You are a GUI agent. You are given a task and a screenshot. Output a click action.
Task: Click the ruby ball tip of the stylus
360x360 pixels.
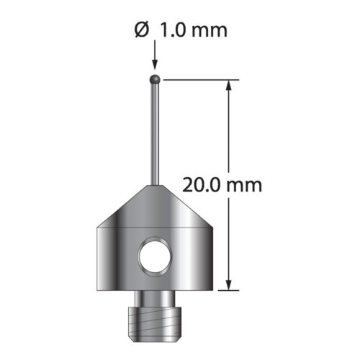(154, 77)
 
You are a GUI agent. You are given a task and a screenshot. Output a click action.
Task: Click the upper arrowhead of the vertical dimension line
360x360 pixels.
(230, 86)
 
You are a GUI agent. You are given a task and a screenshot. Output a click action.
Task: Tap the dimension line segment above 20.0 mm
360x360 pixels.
(230, 130)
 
